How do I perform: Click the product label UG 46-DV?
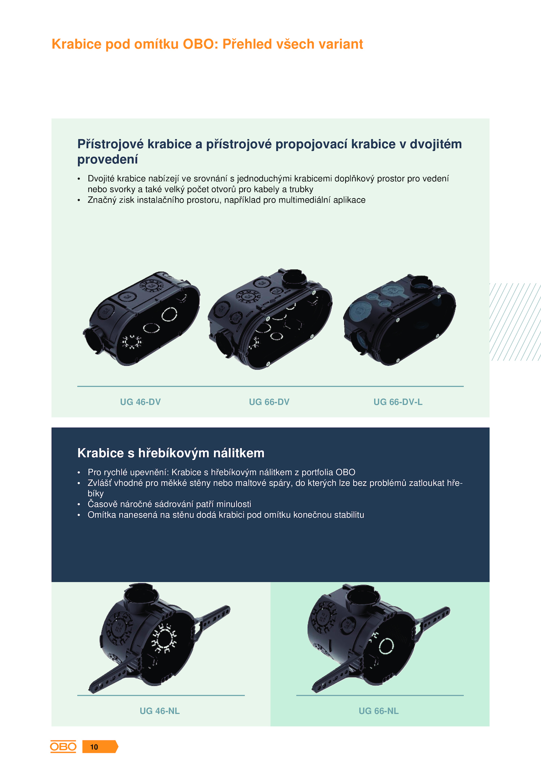(140, 402)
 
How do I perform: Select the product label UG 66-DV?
(269, 402)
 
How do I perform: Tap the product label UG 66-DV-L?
(398, 402)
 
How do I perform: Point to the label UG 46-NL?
(160, 711)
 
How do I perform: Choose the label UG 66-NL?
(379, 711)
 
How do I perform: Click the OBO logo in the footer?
(63, 746)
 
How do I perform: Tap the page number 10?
(94, 747)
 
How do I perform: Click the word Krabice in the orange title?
(76, 44)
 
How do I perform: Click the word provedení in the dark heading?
(108, 160)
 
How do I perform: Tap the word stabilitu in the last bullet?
(349, 515)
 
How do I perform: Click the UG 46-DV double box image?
(141, 318)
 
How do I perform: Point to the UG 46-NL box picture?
(159, 637)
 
